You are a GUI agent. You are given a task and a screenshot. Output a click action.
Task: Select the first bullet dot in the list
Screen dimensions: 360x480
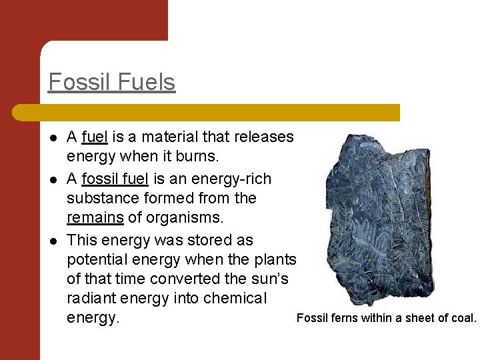53,137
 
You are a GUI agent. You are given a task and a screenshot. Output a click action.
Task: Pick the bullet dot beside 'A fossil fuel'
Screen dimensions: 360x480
53,179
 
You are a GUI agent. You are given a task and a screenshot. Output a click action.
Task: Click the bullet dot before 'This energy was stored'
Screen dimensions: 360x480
53,240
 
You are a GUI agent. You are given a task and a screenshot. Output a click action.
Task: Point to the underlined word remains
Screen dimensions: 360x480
95,218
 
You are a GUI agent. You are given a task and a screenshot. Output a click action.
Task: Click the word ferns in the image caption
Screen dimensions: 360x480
344,318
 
